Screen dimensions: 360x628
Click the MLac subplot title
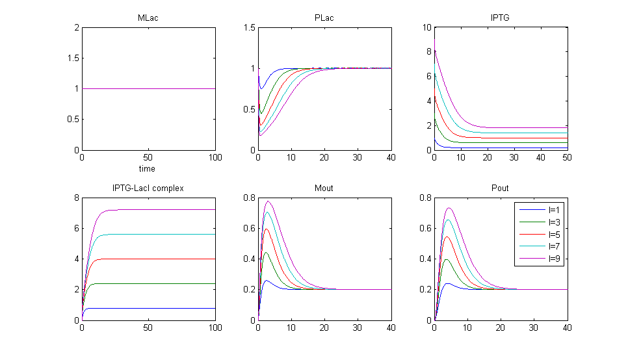point(148,18)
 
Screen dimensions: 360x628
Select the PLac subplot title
point(324,18)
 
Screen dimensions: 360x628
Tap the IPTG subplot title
point(501,18)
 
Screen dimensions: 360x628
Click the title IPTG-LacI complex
point(148,188)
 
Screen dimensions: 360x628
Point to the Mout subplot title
point(324,188)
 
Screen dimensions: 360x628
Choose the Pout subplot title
point(501,188)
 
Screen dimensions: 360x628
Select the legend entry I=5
point(549,235)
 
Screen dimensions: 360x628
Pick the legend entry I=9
point(549,259)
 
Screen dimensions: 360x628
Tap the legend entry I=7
point(549,248)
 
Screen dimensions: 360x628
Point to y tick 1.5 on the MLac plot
point(72,58)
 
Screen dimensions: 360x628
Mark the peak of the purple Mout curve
point(268,201)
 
